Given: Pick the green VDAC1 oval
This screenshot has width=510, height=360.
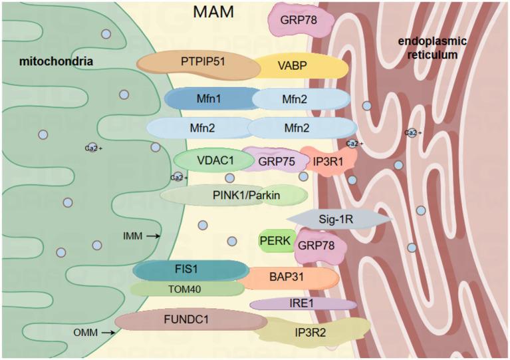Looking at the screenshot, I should click(x=212, y=160).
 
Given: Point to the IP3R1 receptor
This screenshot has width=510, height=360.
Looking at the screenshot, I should click(x=326, y=160).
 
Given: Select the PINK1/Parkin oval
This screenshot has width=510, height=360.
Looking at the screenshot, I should click(x=233, y=194).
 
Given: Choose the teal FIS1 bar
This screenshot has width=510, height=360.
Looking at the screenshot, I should click(x=190, y=270).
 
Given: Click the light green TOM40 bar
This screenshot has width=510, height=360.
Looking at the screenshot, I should click(x=187, y=289).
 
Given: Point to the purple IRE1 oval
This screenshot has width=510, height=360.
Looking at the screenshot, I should click(x=303, y=304).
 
